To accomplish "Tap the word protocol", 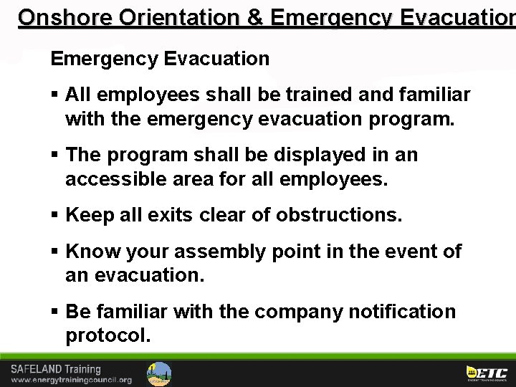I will pos(108,335).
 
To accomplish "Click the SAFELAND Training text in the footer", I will pos(56,368).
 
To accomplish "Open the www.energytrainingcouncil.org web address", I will pos(70,380).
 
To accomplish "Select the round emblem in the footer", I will pos(158,373).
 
